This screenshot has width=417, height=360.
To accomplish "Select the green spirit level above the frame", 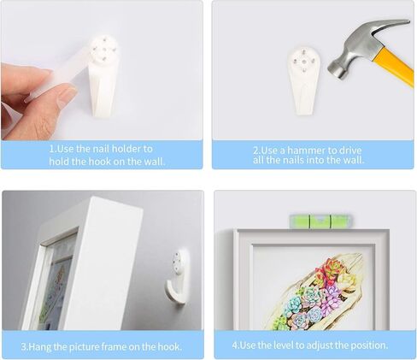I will point(313,221).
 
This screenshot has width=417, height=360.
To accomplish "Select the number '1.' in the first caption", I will point(52,148).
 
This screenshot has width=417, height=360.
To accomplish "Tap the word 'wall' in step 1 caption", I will point(152,161).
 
